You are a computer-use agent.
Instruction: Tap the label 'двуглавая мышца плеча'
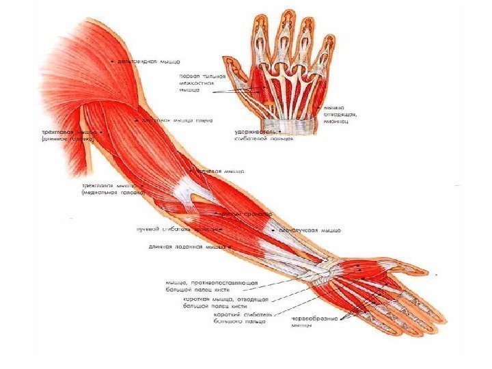pyautogui.click(x=178, y=120)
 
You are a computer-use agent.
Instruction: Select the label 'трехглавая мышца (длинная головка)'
pyautogui.click(x=66, y=135)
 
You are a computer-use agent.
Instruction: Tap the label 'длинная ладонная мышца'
pyautogui.click(x=188, y=246)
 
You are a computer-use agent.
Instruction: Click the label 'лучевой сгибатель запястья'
pyautogui.click(x=176, y=230)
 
